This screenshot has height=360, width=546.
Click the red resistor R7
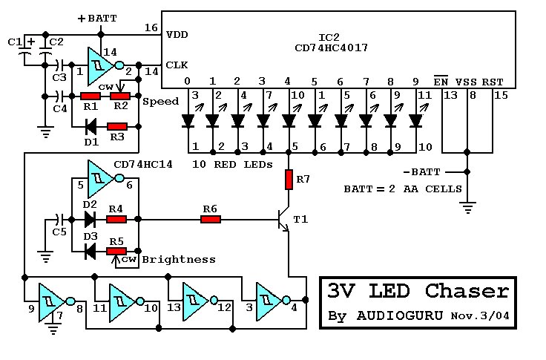tap(290, 179)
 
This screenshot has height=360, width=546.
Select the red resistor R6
tap(211, 219)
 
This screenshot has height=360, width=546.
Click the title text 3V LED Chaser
tap(418, 291)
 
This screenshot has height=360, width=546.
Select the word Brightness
tap(179, 259)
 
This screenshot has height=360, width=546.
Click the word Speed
tap(160, 102)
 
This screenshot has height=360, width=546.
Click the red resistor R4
tap(116, 219)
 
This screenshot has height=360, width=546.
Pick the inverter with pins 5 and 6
tap(100, 177)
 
